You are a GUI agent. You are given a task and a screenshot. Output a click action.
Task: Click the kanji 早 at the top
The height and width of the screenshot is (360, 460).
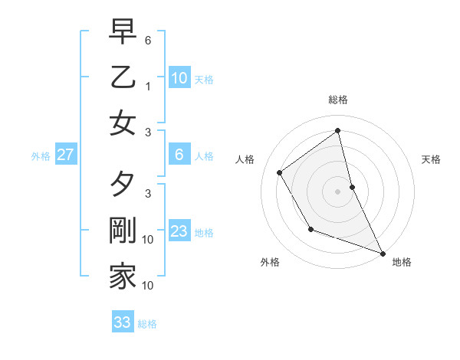123,33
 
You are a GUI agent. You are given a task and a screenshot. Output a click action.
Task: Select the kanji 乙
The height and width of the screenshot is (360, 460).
123,77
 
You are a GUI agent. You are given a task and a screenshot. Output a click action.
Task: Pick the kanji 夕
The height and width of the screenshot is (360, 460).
123,187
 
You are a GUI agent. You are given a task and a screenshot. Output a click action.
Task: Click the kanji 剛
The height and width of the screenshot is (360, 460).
123,231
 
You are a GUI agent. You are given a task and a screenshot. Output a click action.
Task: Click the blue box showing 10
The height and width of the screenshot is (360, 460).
179,77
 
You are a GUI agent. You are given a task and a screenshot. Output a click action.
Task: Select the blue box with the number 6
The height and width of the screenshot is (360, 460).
179,155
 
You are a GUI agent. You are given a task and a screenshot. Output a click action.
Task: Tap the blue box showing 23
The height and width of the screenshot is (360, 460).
179,231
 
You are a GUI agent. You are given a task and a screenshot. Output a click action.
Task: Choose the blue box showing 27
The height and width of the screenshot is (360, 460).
66,155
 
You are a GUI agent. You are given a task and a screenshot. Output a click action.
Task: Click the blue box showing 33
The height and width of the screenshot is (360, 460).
123,322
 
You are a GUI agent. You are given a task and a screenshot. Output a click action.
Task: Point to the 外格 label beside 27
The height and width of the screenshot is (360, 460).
41,156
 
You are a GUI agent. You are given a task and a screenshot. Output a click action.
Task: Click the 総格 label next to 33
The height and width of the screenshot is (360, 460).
147,324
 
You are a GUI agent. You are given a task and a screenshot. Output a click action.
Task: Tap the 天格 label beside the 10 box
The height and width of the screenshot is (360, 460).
204,79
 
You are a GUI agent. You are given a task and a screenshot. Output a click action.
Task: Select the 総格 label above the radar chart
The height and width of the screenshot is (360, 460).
338,100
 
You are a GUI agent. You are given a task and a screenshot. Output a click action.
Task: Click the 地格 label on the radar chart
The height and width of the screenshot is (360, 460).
402,263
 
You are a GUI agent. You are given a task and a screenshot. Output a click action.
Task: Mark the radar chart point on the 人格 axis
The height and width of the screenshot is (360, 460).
280,173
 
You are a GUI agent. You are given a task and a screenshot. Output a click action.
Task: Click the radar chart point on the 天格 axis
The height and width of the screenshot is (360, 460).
352,187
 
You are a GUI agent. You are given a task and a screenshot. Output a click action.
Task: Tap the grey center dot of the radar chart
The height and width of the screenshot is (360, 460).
338,191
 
